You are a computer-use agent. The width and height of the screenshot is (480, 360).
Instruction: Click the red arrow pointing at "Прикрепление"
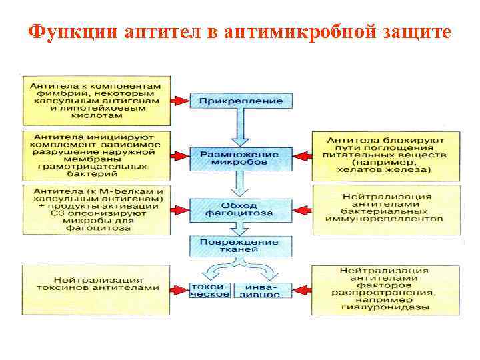[x=179, y=101]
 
